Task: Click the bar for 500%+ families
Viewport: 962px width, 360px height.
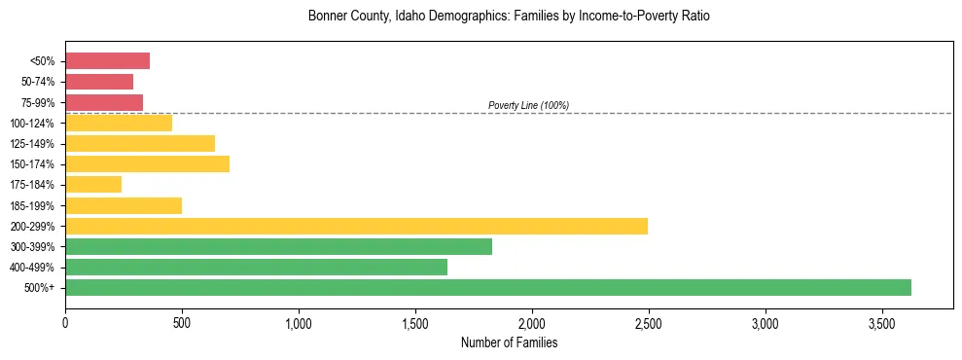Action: (487, 287)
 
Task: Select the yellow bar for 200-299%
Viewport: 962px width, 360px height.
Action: (356, 226)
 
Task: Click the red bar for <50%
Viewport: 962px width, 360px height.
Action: (107, 61)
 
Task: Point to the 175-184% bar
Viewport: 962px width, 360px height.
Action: (93, 184)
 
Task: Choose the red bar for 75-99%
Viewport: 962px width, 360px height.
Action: (104, 102)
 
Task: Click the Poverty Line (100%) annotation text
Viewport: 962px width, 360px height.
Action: (528, 105)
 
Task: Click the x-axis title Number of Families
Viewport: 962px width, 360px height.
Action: (509, 342)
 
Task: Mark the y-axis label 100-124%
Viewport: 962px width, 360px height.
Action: (32, 124)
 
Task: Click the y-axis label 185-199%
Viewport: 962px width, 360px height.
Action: (32, 205)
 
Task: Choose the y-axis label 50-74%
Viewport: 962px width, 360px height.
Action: (36, 82)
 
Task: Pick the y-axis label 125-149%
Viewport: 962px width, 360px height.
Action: (32, 144)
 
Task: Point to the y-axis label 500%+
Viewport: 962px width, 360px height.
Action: (39, 288)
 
